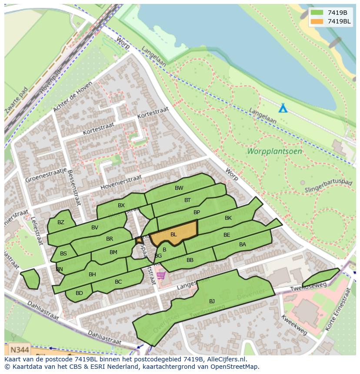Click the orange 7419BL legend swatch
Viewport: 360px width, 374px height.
(x=317, y=21)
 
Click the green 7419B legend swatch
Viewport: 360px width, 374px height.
(x=317, y=13)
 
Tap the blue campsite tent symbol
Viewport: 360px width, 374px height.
(x=283, y=108)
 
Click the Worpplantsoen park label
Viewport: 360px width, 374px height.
(x=274, y=152)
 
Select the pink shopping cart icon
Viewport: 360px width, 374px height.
(x=161, y=275)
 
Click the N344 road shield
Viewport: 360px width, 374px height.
(x=20, y=349)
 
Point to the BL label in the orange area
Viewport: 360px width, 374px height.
(x=173, y=235)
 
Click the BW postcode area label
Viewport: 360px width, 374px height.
(x=179, y=188)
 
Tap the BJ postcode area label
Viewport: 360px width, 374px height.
(x=212, y=301)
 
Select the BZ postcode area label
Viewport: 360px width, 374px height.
(x=61, y=222)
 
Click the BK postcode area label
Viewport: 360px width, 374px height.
(x=228, y=218)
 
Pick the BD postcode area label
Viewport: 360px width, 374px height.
(x=79, y=293)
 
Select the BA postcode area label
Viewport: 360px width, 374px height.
(x=243, y=245)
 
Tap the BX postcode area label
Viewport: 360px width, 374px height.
(x=121, y=205)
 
